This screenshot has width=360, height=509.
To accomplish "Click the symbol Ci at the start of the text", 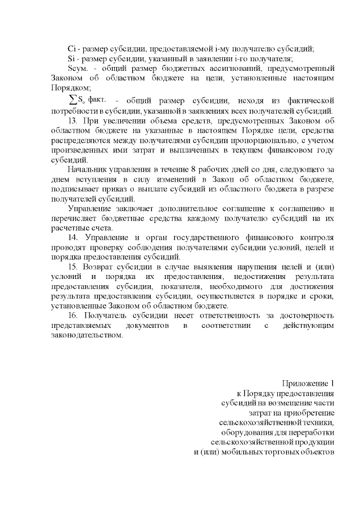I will [x=70, y=49].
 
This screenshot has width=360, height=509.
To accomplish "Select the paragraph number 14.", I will [x=71, y=238].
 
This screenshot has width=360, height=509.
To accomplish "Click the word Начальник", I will [x=85, y=169].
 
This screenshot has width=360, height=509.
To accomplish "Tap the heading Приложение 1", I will [x=309, y=384].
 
